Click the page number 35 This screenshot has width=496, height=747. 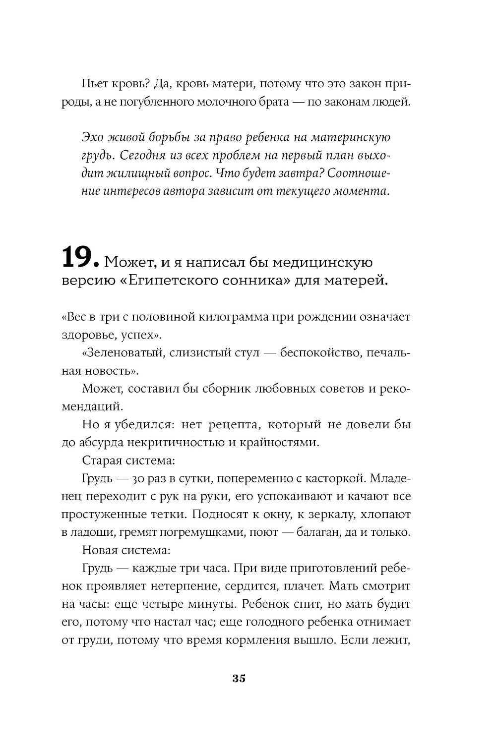(239, 679)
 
